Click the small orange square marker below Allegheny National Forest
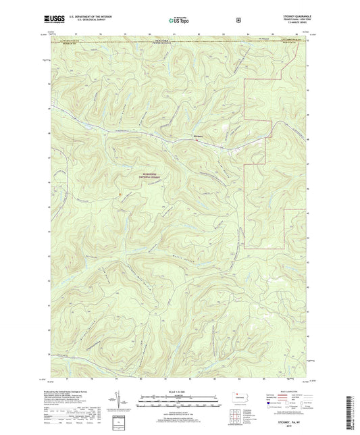pos(119,195)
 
